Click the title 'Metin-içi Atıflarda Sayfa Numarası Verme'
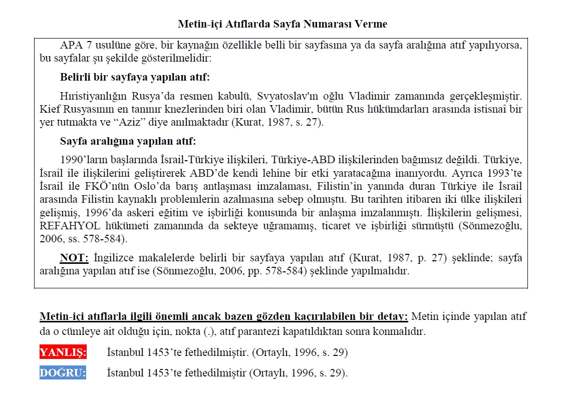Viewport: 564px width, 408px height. [x=282, y=24]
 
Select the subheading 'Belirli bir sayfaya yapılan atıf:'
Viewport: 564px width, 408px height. [x=135, y=77]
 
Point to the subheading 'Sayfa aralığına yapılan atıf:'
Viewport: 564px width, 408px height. [x=128, y=141]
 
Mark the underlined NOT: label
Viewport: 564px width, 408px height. [x=74, y=258]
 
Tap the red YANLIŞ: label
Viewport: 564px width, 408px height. [x=63, y=352]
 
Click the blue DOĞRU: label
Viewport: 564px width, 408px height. [x=63, y=373]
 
